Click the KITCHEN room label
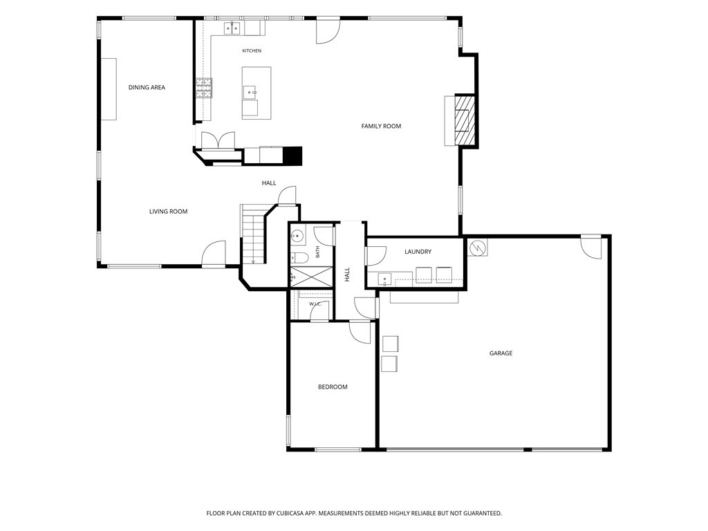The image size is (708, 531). [x=252, y=51]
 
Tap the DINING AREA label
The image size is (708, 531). [x=147, y=88]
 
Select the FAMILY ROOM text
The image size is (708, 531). [x=381, y=127]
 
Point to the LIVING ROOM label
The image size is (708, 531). [x=169, y=212]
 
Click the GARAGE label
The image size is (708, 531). [x=501, y=353]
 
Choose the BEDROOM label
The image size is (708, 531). [x=333, y=387]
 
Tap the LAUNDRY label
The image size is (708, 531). [x=418, y=252]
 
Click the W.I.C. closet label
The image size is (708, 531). [x=315, y=304]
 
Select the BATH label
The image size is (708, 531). [x=318, y=252]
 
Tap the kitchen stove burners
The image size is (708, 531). [x=204, y=88]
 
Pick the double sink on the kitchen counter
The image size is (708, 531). [x=232, y=28]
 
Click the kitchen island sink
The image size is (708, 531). [x=250, y=93]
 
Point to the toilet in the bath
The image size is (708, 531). [x=299, y=258]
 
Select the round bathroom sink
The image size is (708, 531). [x=297, y=236]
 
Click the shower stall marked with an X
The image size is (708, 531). [x=311, y=277]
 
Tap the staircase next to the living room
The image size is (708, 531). [x=252, y=235]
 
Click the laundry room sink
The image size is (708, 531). [x=384, y=279]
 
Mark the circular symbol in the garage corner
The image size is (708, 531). [x=477, y=247]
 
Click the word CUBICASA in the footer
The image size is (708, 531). [x=293, y=514]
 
